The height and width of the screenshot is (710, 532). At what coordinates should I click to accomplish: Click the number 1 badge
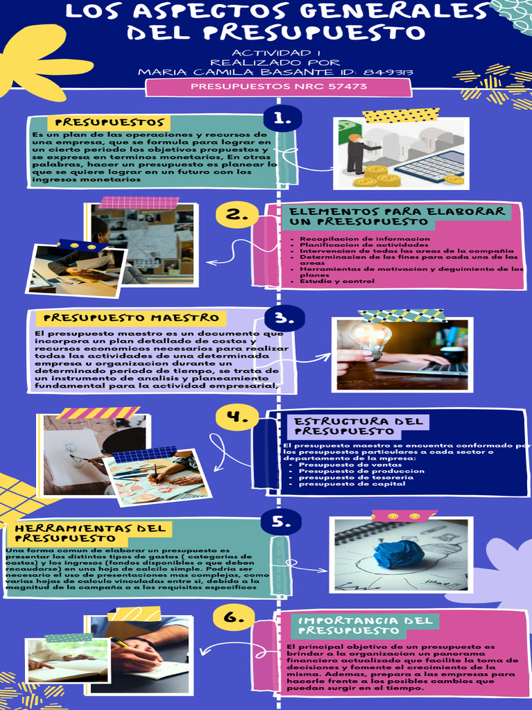click(x=283, y=118)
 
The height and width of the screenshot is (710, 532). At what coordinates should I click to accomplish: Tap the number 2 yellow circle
click(x=237, y=215)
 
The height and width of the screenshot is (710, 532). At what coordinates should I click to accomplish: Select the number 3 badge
click(x=284, y=318)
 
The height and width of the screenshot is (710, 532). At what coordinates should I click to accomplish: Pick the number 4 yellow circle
click(x=237, y=417)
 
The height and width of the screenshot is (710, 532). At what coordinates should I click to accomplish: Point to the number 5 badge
click(x=281, y=521)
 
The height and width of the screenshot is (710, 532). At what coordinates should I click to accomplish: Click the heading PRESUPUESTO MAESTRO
click(x=132, y=318)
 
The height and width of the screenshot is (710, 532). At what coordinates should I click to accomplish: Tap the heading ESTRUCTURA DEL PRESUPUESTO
click(x=359, y=426)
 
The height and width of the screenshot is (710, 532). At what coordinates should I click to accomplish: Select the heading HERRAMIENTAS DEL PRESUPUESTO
click(x=90, y=532)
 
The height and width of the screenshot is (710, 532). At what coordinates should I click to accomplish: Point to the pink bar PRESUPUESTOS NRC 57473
click(x=278, y=87)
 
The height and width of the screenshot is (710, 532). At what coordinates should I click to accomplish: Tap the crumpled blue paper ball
click(x=398, y=554)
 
